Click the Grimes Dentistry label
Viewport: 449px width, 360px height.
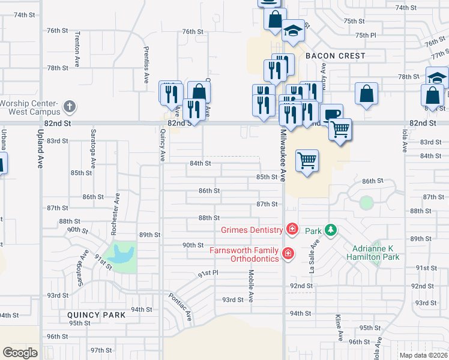click(x=252, y=230)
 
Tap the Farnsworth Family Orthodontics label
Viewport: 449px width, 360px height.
click(x=244, y=254)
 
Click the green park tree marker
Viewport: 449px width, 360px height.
click(x=330, y=230)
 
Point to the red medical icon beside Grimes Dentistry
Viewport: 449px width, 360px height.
click(x=292, y=229)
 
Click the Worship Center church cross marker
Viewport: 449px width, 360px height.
click(x=70, y=107)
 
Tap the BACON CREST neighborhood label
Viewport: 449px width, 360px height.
click(x=335, y=56)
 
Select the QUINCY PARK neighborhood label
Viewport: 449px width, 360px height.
click(x=97, y=314)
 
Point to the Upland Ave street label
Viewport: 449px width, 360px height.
click(x=40, y=151)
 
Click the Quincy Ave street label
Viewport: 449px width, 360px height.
click(x=162, y=147)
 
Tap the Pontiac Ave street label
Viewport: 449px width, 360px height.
click(x=179, y=305)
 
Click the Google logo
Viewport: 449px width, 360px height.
click(x=20, y=353)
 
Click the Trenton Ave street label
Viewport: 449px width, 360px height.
click(x=77, y=53)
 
